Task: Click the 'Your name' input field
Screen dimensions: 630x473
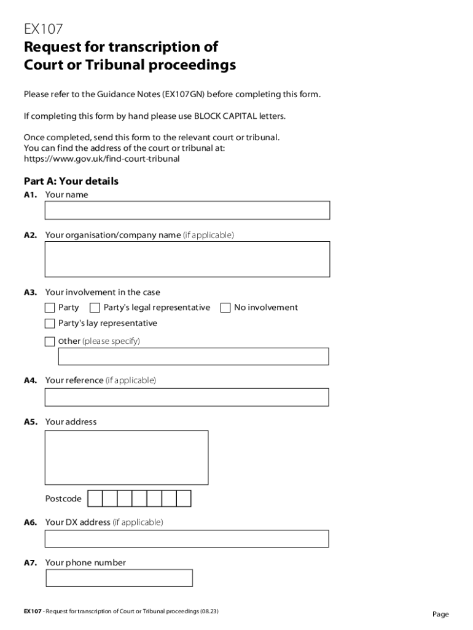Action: click(187, 210)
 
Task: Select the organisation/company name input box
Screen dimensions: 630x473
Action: click(187, 259)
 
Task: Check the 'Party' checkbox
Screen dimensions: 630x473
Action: click(50, 308)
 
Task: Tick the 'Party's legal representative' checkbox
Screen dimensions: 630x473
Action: click(95, 308)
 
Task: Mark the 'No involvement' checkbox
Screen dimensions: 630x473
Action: click(225, 308)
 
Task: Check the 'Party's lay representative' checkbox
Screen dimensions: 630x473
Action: click(50, 324)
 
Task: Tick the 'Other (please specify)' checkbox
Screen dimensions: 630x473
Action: click(50, 341)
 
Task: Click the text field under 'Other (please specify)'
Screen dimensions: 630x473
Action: click(193, 357)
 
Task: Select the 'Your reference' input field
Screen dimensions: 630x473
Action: click(187, 397)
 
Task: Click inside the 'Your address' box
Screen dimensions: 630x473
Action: click(127, 458)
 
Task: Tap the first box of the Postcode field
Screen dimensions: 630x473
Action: click(94, 498)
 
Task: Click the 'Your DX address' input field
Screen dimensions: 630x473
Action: click(187, 539)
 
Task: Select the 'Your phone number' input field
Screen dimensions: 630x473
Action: click(119, 578)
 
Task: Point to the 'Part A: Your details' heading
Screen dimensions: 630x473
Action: click(71, 181)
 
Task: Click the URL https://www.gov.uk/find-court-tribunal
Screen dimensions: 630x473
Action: click(101, 159)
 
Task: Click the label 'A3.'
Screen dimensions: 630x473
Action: click(31, 293)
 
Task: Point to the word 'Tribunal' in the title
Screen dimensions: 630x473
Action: click(93, 65)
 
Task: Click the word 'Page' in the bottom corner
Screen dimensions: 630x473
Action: click(440, 615)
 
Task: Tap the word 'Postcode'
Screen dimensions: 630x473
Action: click(63, 499)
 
